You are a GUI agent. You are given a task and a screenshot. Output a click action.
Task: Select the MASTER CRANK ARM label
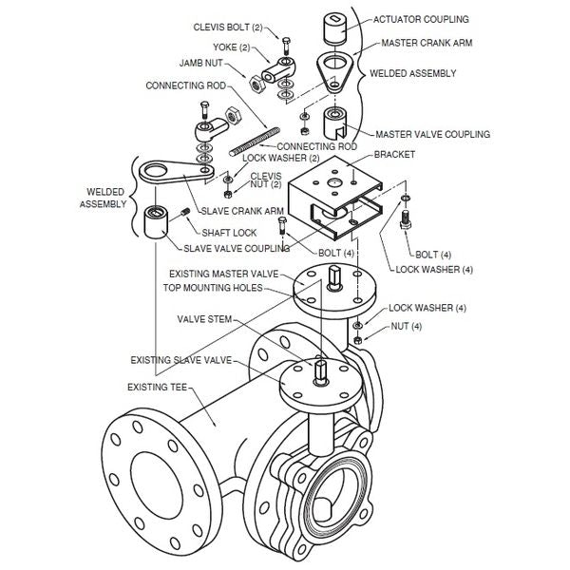tap(426, 43)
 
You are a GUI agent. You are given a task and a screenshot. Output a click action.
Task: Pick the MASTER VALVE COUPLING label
tap(433, 134)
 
